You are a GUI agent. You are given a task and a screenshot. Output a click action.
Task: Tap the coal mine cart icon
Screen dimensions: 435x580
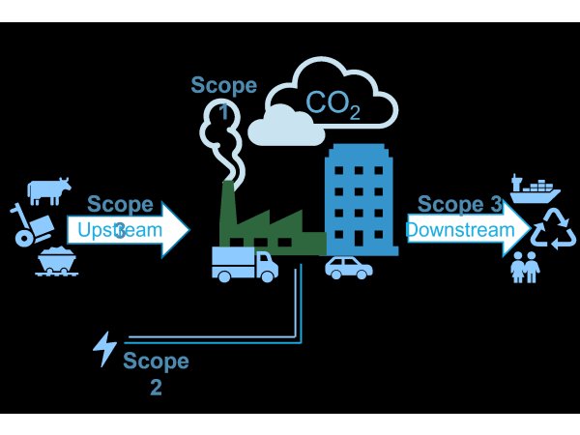point(57,262)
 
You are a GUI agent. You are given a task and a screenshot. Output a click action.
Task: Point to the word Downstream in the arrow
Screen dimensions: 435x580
point(459,230)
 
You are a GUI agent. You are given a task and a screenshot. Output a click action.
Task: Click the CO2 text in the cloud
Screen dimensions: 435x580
point(333,104)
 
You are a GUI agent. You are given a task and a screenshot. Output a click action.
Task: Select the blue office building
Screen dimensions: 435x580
point(360,198)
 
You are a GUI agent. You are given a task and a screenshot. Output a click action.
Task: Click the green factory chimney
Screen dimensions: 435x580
point(228,208)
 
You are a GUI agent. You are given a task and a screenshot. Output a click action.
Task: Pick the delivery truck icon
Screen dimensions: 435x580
point(244,263)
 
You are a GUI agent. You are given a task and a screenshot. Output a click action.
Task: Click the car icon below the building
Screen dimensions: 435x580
point(348,268)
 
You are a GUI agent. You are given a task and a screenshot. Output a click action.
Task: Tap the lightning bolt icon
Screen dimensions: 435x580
point(104,348)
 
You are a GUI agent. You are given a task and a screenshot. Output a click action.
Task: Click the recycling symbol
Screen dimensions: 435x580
point(553,230)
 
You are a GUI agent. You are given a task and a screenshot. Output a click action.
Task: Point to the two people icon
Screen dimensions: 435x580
point(525,267)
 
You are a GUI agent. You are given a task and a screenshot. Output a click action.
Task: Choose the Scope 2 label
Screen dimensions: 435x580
point(156,375)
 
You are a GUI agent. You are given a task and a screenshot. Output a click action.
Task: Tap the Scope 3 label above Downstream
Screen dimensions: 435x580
point(459,205)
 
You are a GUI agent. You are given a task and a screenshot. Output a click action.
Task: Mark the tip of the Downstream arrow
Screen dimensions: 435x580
point(529,230)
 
